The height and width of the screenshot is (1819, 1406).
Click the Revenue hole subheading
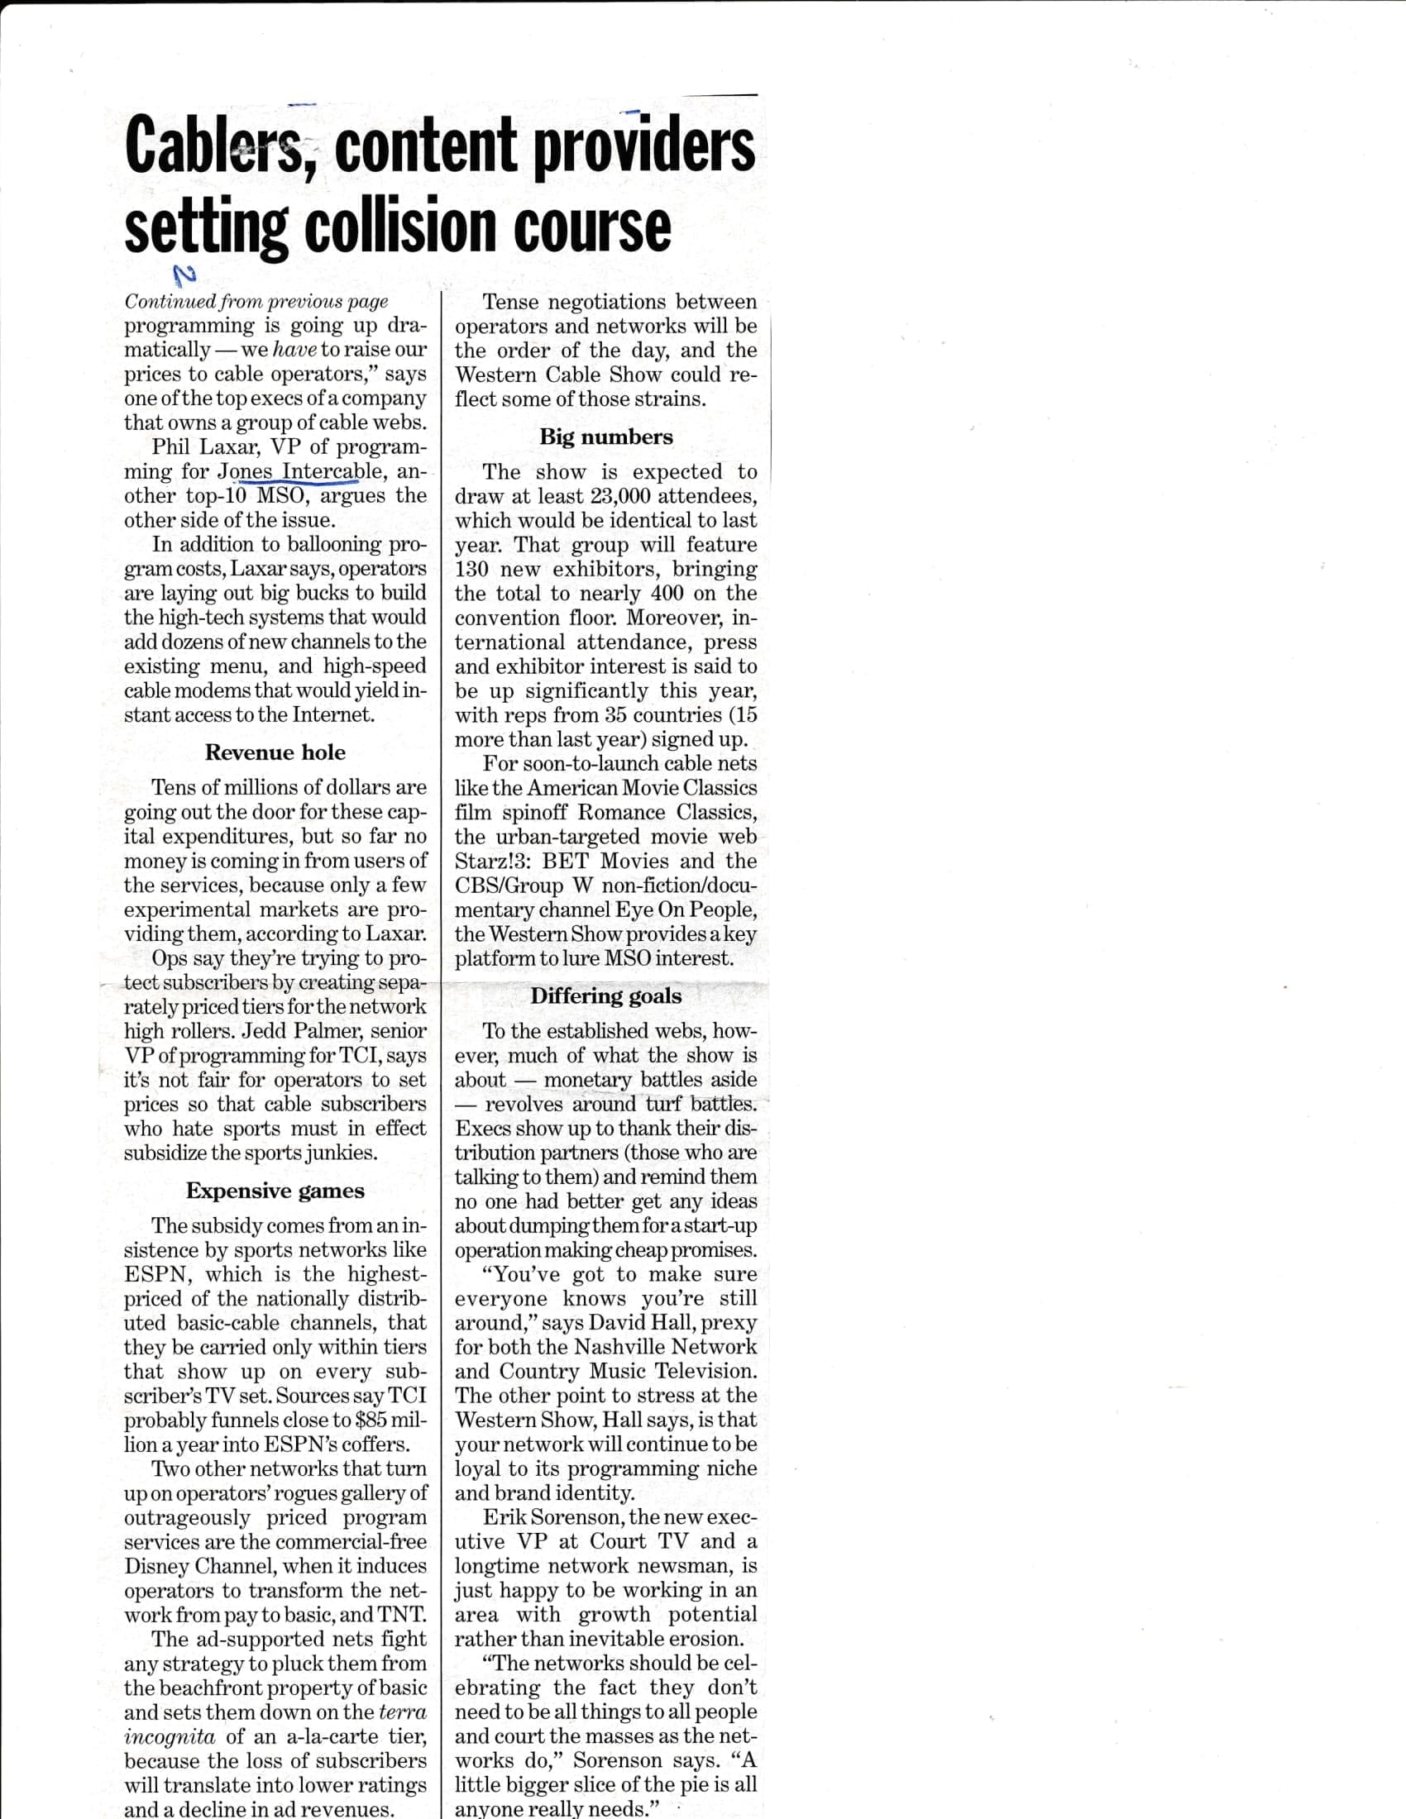tap(275, 753)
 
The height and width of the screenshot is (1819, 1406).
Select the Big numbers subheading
tap(605, 437)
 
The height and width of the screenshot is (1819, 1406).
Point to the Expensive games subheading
tap(275, 1191)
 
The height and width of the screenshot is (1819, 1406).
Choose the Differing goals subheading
tap(605, 996)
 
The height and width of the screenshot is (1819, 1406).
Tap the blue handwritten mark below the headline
tap(183, 275)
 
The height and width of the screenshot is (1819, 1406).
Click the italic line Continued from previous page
tap(256, 302)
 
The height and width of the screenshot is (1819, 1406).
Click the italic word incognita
tap(170, 1736)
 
